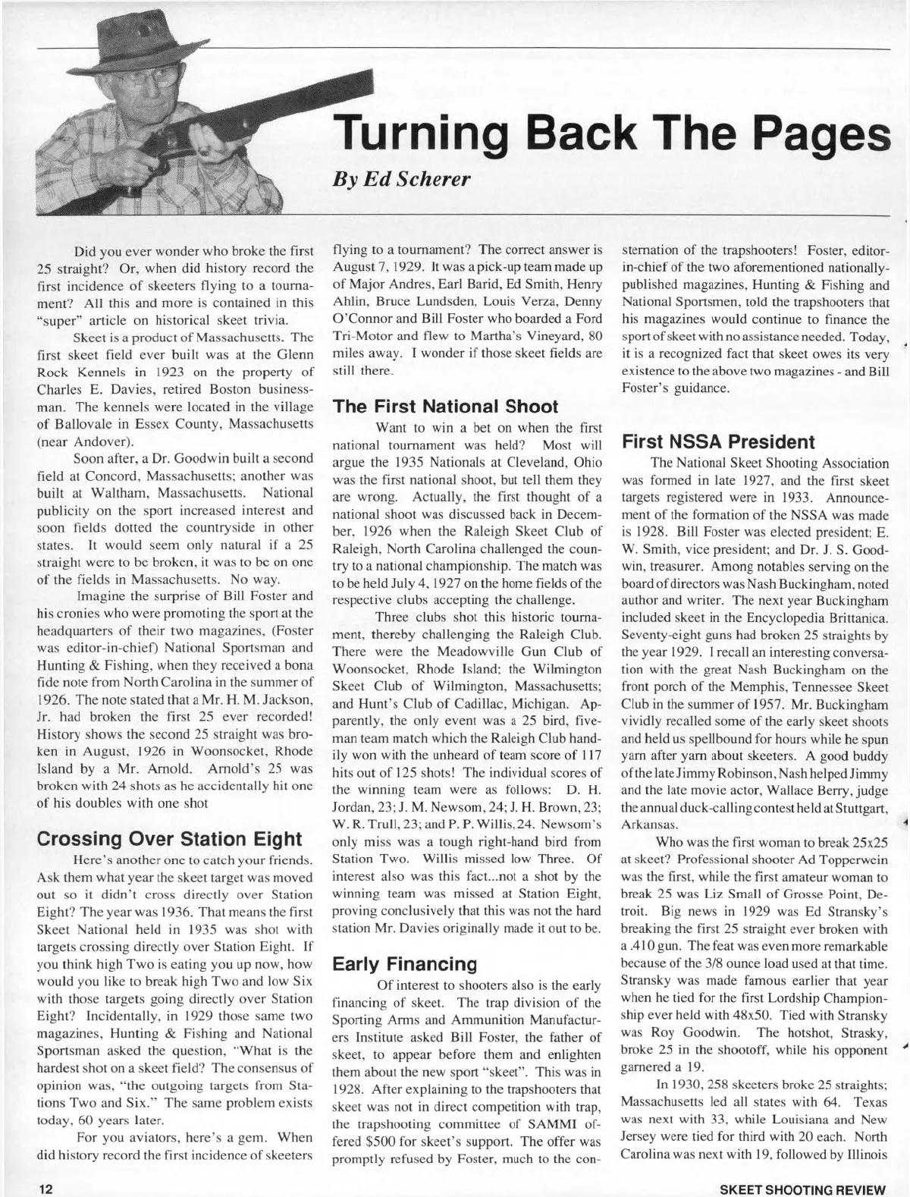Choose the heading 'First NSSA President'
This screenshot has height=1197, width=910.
(717, 441)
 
